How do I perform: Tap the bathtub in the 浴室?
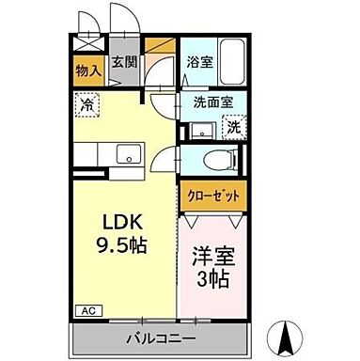230,55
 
